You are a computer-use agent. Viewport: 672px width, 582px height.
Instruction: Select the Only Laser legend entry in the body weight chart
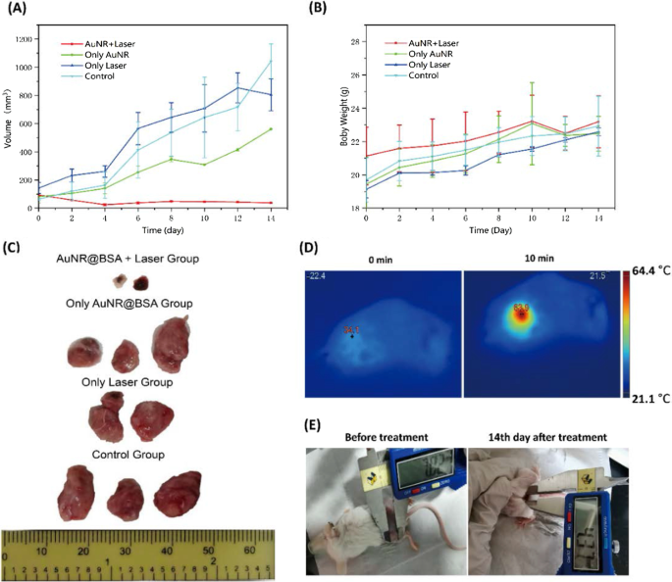434,65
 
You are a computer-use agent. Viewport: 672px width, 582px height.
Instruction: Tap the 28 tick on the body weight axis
356,42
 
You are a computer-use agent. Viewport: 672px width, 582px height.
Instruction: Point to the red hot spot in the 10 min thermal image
519,317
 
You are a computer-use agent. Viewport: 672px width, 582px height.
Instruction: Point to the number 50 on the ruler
208,552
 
